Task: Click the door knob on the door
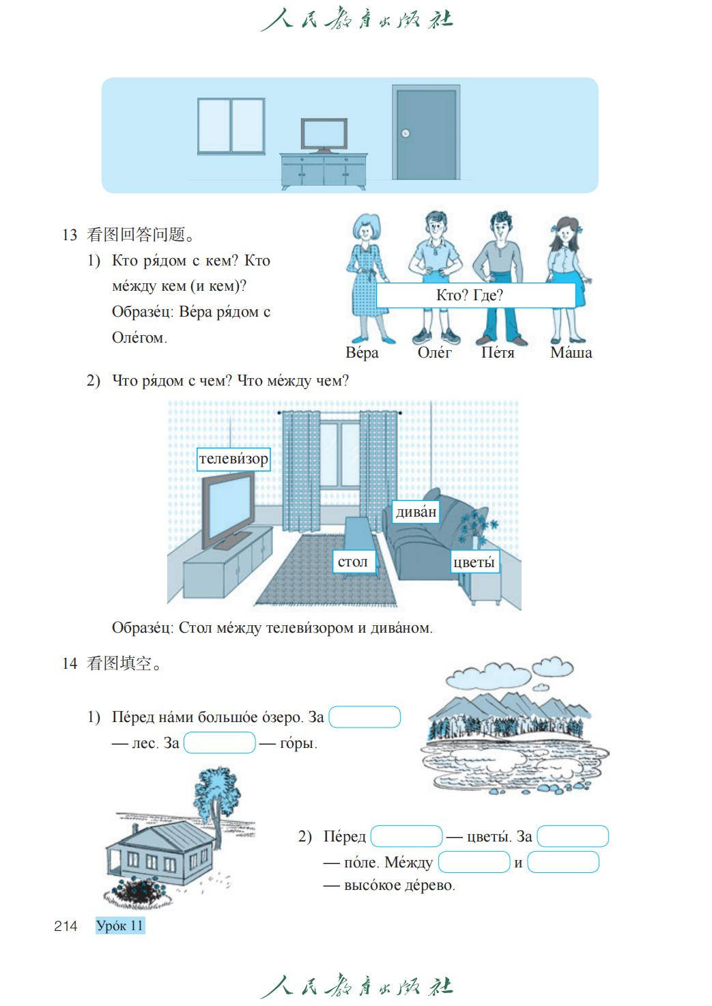tap(405, 133)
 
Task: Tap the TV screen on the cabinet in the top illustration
tap(324, 134)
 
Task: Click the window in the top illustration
tap(231, 126)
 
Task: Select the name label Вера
tap(362, 353)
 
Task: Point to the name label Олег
tap(434, 353)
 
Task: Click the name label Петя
tap(498, 353)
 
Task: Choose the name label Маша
tap(571, 353)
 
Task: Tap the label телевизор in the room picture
tap(233, 459)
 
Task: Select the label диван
tap(416, 512)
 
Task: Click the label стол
tap(353, 562)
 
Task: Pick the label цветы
tap(474, 562)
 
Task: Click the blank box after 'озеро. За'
tap(365, 717)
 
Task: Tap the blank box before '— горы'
tap(220, 743)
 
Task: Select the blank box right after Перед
tap(406, 836)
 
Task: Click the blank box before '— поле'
tap(572, 836)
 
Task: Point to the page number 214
tap(66, 925)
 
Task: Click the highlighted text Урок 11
tap(120, 925)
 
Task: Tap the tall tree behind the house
tap(217, 795)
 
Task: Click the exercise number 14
tap(69, 663)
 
